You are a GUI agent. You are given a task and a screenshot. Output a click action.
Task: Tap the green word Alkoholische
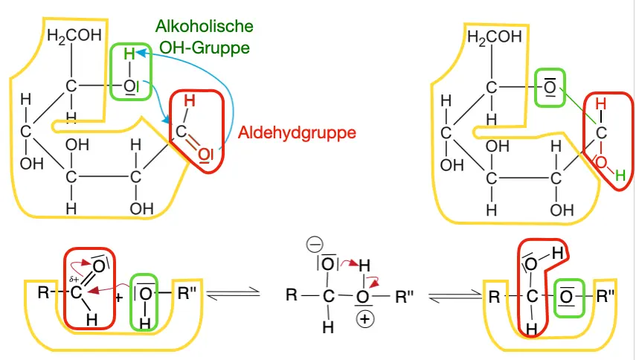point(204,27)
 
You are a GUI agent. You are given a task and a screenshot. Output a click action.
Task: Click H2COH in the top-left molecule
point(71,36)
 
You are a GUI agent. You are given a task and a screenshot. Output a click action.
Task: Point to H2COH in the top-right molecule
point(490,36)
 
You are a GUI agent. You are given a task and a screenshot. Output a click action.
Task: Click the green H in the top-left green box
point(129,54)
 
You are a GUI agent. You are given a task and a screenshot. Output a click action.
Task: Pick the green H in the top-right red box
point(619,176)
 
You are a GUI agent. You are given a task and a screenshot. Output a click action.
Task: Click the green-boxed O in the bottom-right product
point(567,295)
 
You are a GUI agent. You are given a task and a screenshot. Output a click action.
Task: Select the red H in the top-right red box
point(601,104)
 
